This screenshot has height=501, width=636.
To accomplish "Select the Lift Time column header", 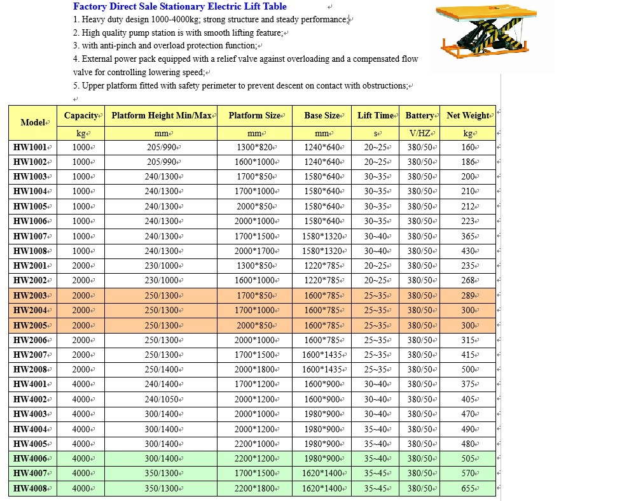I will [375, 115].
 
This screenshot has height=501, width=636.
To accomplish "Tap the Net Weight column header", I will [467, 115].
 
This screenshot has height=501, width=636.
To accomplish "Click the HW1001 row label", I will [31, 147].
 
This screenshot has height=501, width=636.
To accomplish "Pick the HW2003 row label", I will [31, 295].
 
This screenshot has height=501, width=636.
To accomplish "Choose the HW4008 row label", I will [31, 488].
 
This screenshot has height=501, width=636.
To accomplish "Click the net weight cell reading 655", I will [468, 488].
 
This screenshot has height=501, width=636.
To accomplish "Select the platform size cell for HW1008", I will [254, 251].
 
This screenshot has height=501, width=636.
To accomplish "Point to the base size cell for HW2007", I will [322, 355].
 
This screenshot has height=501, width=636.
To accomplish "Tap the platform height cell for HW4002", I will [160, 399].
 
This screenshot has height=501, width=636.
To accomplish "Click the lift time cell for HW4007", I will [375, 474].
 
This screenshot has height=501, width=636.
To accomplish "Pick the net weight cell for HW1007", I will [468, 236].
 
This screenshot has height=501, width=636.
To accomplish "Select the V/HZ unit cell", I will [419, 134].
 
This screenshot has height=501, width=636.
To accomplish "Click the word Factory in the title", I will [90, 6].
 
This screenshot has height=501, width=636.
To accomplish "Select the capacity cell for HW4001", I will [81, 385].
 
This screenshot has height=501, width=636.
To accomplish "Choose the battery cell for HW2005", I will [419, 325].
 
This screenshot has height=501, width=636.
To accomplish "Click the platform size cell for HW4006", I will [254, 458].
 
